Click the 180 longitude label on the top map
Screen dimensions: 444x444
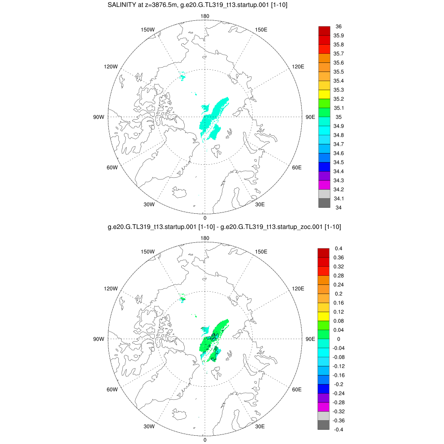(x=205, y=16)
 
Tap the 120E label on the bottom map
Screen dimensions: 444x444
(x=298, y=288)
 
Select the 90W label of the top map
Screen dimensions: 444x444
(x=98, y=117)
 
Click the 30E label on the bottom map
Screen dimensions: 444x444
(x=260, y=426)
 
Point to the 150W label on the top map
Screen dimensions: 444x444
(x=148, y=29)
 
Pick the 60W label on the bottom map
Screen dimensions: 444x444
(x=112, y=389)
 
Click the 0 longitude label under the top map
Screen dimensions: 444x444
(x=205, y=218)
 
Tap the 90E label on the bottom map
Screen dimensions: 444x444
(x=310, y=339)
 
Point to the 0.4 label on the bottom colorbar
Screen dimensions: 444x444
(x=338, y=248)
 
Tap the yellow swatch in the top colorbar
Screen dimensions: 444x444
(x=324, y=94)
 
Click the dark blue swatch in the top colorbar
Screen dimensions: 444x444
(x=324, y=166)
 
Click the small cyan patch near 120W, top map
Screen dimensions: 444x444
(x=183, y=77)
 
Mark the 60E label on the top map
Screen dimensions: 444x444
(x=297, y=167)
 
